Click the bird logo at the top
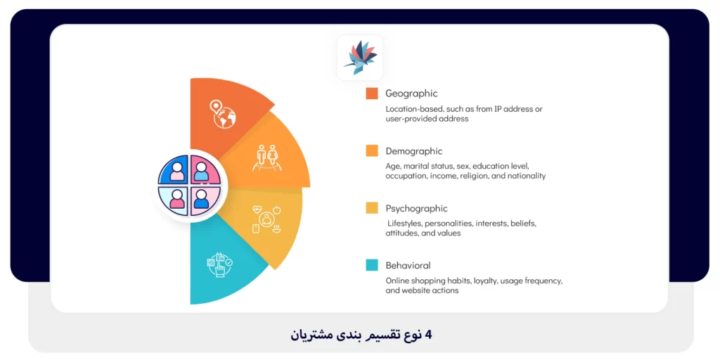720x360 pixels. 360,58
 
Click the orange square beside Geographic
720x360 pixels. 372,94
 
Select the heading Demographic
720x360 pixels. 413,151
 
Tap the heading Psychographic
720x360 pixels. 416,208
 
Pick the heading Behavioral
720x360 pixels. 408,266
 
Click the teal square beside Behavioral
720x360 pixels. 372,266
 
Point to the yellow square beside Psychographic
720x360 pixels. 372,208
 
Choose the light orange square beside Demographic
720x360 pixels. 372,151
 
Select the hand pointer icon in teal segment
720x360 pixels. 219,265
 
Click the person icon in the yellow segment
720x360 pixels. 266,220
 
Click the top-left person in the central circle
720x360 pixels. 174,171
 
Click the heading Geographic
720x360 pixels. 411,94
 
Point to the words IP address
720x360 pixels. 508,110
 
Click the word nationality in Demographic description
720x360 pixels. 525,176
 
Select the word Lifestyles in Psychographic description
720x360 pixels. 404,224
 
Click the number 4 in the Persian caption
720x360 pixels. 427,335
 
